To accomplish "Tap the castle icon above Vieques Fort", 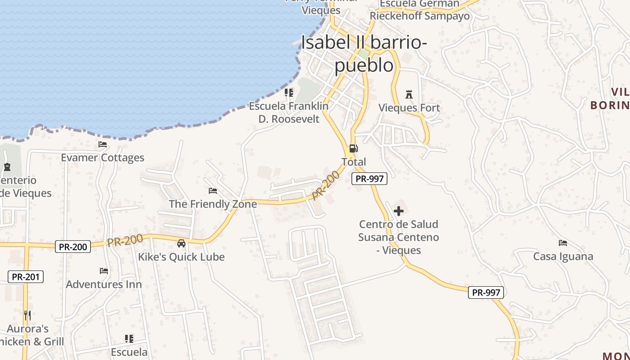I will click(x=409, y=94).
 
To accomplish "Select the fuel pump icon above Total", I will click(x=354, y=148).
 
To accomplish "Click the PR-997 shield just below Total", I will click(x=369, y=179).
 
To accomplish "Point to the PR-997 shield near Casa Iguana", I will click(x=486, y=292).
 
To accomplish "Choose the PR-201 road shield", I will click(x=26, y=277).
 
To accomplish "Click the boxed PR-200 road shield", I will click(x=73, y=247).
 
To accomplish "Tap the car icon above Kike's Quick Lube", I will click(x=181, y=243).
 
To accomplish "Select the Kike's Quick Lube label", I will click(x=181, y=257).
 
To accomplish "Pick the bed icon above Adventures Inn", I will click(x=104, y=271).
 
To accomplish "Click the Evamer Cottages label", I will click(x=103, y=157).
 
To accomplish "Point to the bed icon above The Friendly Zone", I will click(x=213, y=191).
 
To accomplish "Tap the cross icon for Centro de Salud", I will click(x=399, y=211).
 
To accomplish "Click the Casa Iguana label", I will click(x=563, y=256).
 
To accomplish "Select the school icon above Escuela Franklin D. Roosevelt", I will click(x=289, y=93).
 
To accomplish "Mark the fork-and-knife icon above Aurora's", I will click(x=27, y=315).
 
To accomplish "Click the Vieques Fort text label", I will click(x=409, y=108).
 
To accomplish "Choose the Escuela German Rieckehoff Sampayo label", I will click(x=419, y=10).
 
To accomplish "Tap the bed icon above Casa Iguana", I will click(x=563, y=243).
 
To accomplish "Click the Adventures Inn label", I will click(x=104, y=284).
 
